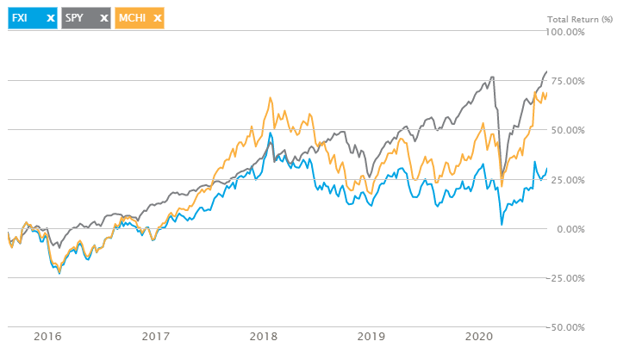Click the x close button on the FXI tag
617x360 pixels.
[x=50, y=17]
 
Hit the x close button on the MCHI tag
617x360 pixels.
[x=158, y=17]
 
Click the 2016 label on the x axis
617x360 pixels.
[x=47, y=336]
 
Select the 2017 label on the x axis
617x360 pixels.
[x=155, y=336]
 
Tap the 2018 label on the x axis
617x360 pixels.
[x=262, y=336]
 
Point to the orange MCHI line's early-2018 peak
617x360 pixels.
[x=271, y=97]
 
